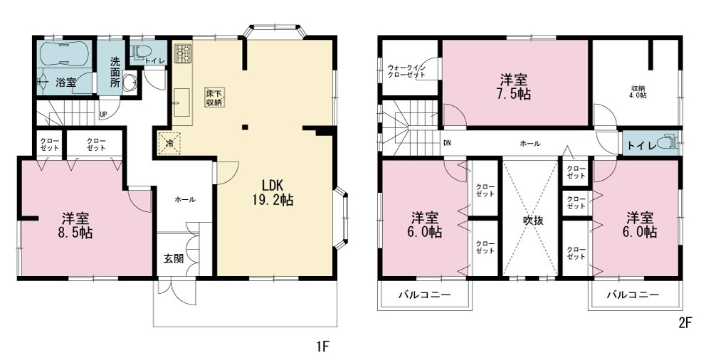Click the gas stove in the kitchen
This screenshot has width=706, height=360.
pos(183,53)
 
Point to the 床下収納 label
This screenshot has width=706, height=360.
pos(214,97)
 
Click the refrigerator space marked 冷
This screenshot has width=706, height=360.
pos(169,144)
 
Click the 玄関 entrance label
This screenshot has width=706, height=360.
pos(174,259)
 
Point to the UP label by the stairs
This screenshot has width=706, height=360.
pos(104,115)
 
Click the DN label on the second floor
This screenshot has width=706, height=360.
pos(447,144)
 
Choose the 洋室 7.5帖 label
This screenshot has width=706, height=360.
pos(515,87)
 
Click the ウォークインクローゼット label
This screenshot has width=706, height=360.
pos(406,71)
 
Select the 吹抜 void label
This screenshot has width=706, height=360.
pos(533,221)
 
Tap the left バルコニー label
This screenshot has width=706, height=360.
pos(425,295)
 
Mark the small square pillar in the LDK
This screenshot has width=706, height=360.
pos(245,127)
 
